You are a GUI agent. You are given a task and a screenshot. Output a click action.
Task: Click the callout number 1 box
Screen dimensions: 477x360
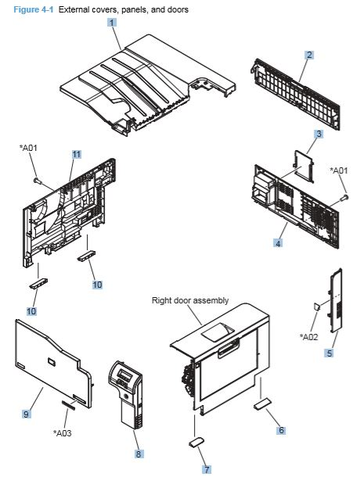(x=113, y=23)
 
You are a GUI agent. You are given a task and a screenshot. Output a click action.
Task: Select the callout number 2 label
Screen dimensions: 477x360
(x=309, y=55)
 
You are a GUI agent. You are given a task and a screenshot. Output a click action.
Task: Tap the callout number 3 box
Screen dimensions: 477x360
(x=319, y=134)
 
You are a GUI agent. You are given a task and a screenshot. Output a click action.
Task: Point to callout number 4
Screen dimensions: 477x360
(x=277, y=243)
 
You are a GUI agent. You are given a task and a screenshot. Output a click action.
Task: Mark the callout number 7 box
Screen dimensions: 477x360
(x=207, y=468)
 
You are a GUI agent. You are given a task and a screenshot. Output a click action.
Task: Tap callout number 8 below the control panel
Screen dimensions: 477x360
(x=139, y=453)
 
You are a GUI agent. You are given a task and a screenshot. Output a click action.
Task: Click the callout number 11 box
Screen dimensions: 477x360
(x=76, y=154)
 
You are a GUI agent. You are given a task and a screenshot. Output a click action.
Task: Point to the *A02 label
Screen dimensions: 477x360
(x=311, y=337)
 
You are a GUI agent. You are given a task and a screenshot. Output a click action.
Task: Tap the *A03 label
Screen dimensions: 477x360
(x=65, y=432)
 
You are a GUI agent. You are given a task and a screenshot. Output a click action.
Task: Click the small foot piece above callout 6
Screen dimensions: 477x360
(x=263, y=403)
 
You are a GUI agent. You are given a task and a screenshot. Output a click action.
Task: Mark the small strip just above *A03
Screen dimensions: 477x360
(x=69, y=403)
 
